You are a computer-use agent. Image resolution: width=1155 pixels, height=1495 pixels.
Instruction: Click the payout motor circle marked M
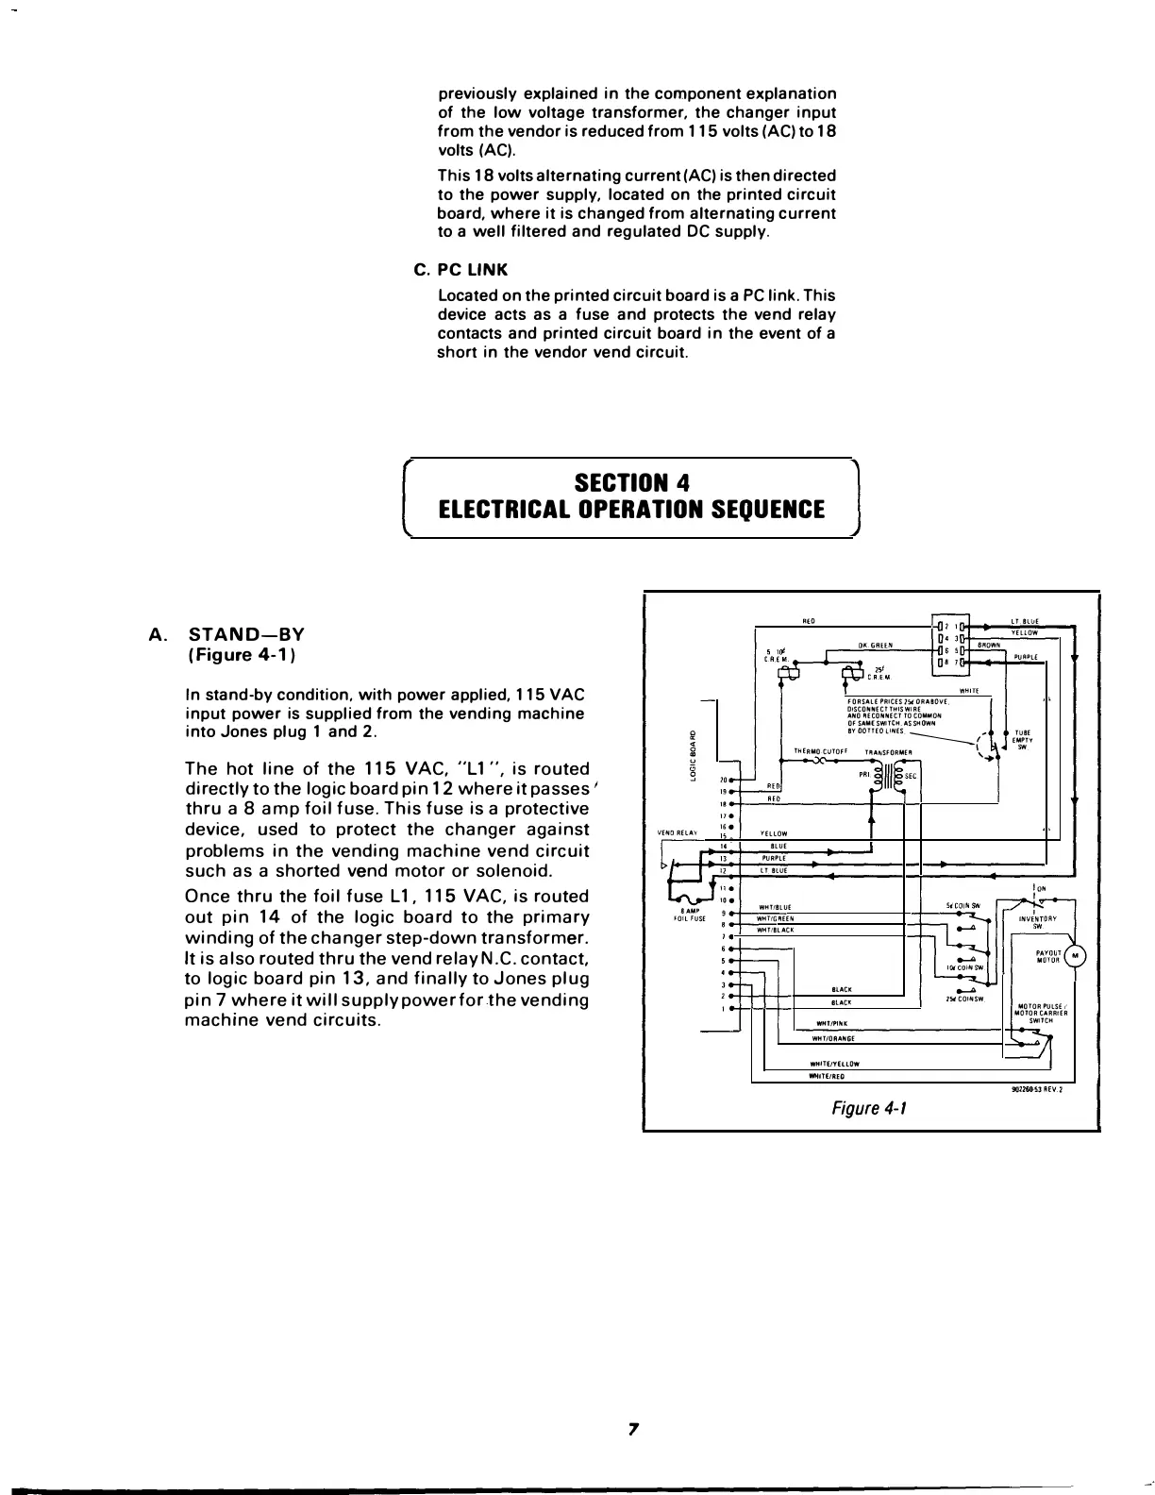[1075, 957]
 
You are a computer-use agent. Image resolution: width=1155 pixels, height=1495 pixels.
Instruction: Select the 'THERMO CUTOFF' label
[822, 751]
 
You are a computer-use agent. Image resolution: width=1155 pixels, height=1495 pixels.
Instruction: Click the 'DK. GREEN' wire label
[869, 645]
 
